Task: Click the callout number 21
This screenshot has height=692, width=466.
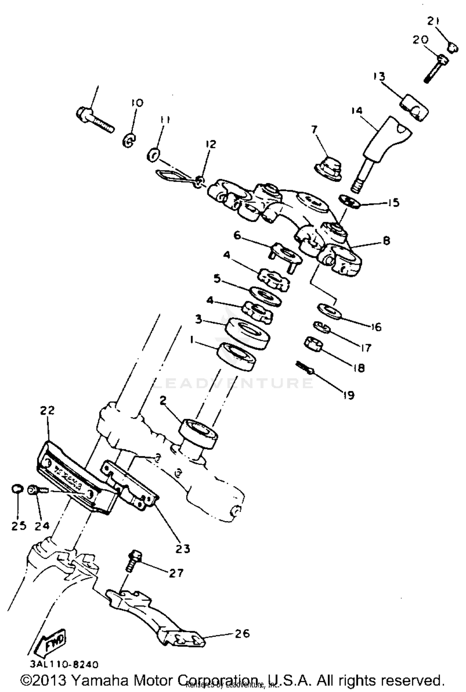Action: [433, 21]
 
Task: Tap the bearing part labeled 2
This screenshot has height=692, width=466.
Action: [198, 434]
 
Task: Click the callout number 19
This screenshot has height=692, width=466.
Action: [349, 395]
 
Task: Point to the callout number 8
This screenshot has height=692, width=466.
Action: [386, 241]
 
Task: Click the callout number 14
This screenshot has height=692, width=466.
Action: [357, 110]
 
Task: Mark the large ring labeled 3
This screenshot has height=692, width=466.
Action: [246, 333]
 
